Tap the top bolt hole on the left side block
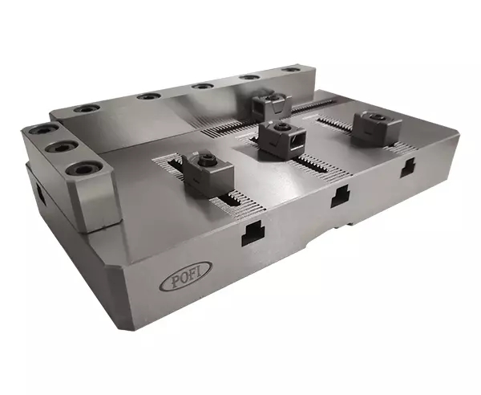(x=38, y=132)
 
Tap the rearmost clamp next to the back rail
(x=269, y=104)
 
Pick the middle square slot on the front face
(x=339, y=193)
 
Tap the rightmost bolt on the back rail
(x=289, y=71)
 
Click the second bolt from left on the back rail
(x=145, y=96)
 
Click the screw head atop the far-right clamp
(x=369, y=117)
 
